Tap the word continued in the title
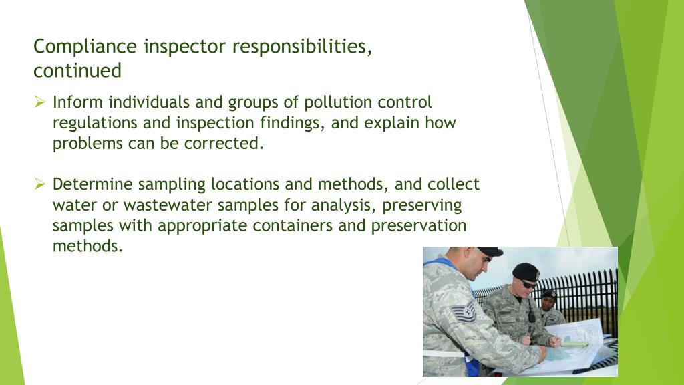77,70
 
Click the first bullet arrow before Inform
40,102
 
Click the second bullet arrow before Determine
40,184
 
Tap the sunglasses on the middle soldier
528,283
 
